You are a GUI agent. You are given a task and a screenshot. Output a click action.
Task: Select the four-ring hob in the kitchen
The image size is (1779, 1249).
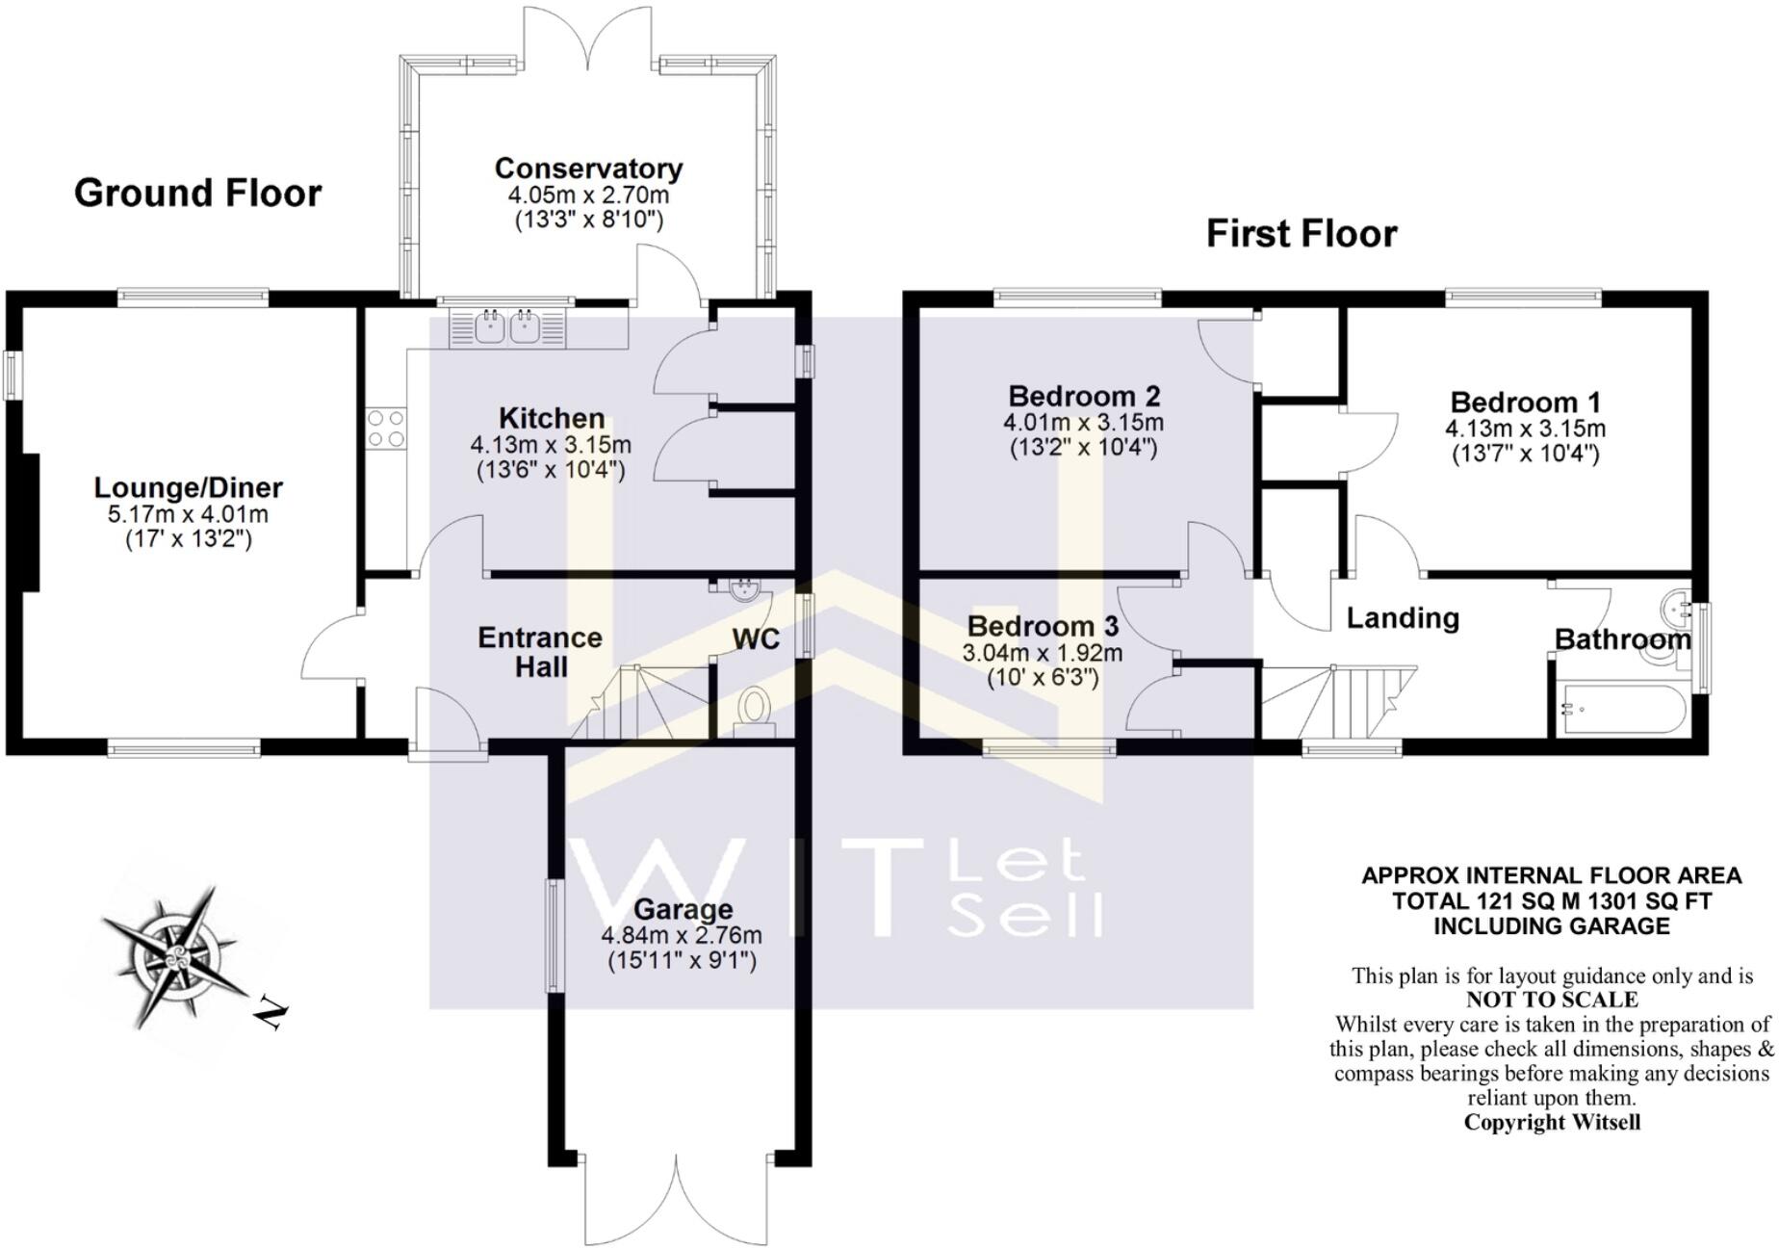pos(386,428)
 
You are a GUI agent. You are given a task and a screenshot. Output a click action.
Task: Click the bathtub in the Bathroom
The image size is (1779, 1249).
pos(1621,710)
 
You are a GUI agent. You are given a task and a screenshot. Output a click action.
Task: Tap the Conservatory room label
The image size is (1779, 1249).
pos(588,169)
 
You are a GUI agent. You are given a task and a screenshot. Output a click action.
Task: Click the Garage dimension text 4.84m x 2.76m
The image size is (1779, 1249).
pos(682,935)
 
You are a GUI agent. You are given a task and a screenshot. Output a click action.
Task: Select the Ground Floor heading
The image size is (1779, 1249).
pos(197,194)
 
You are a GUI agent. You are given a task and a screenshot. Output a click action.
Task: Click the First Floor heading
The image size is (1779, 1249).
pos(1302,234)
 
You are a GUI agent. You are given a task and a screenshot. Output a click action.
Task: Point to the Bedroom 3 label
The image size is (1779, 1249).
pos(1043,626)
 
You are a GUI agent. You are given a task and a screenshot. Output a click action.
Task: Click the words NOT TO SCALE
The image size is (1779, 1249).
pos(1552,1000)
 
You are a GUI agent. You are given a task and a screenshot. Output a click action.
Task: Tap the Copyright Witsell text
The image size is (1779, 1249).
pos(1552,1122)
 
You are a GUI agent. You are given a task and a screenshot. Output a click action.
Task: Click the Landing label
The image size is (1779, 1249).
pos(1403,618)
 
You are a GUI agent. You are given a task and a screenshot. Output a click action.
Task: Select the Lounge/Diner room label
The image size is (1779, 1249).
pos(189,487)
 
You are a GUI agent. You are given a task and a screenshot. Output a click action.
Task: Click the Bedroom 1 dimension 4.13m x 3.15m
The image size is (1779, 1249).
pos(1525,428)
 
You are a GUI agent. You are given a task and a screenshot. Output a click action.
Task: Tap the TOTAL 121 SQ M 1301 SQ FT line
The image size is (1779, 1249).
pos(1552,901)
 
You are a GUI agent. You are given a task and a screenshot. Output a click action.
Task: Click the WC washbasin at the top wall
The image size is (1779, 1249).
pos(744,588)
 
